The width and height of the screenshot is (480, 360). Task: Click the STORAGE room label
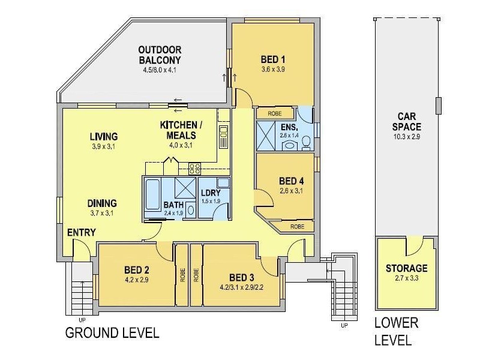[407, 268]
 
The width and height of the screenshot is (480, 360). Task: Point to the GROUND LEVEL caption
[112, 332]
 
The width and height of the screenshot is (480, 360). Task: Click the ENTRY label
[82, 232]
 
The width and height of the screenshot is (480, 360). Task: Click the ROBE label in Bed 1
[274, 113]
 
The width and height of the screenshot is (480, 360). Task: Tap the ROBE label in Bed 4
[297, 227]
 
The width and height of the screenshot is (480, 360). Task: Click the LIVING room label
[104, 136]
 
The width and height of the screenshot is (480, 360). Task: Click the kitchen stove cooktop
[195, 169]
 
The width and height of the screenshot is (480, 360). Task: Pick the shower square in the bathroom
[186, 188]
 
